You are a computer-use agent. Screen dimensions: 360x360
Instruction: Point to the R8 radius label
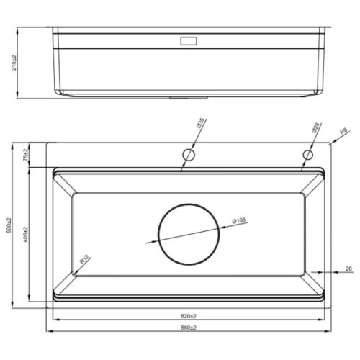point(343,132)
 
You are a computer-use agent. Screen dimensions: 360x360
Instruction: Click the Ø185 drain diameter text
point(238,220)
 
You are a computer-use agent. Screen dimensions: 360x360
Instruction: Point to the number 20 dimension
point(348,269)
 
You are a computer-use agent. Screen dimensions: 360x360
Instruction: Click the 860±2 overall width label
point(189,328)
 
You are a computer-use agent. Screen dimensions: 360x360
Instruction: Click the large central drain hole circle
point(189,236)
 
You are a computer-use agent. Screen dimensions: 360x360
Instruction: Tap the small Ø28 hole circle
point(307,155)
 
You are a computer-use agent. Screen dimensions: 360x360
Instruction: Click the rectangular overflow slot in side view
point(189,40)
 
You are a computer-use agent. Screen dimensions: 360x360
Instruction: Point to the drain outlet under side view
point(189,96)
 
